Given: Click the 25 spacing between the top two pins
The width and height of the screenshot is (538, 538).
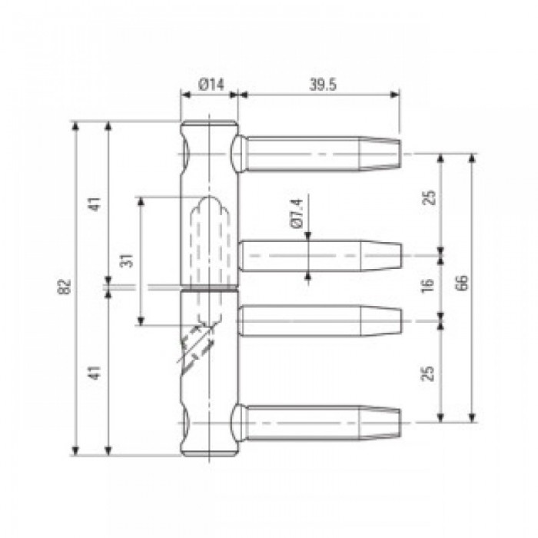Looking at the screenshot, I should coord(429,198).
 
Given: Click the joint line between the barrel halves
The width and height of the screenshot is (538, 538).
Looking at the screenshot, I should coord(209,289).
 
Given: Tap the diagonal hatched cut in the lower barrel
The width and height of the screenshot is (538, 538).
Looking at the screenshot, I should coord(196,346).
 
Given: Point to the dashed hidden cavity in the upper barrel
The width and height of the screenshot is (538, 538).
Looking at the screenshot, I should coord(204,231).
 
